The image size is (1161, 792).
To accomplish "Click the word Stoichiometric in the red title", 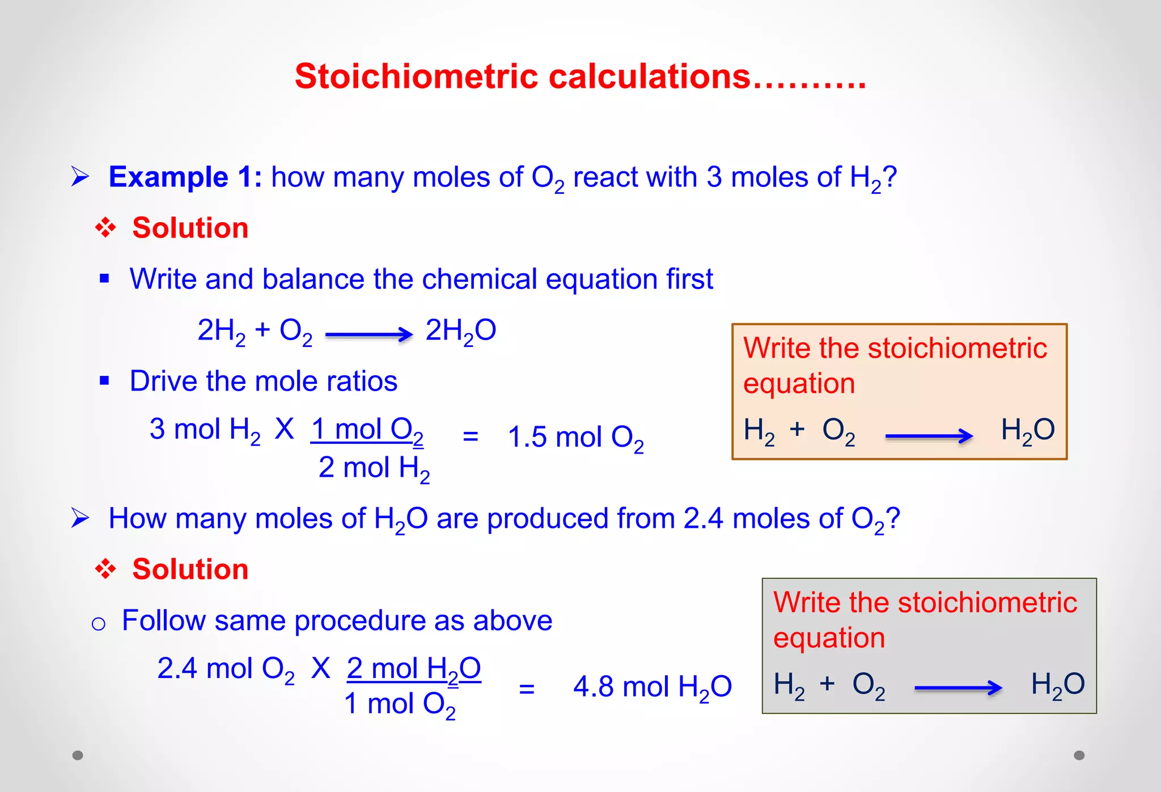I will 416,77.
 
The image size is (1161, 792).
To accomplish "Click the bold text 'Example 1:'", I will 185,177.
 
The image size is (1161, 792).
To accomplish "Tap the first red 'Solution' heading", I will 190,228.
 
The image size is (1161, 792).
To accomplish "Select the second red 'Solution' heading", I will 190,569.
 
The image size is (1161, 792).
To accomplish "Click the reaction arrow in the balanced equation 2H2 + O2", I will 368,334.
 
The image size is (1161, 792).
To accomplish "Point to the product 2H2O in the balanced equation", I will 460,331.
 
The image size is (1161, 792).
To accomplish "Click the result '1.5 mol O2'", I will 575,438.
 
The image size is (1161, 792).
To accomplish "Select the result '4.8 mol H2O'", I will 652,687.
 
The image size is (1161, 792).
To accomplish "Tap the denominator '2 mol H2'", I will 374,469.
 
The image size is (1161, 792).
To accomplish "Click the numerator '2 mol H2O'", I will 413,669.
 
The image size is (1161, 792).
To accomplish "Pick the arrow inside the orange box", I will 929,436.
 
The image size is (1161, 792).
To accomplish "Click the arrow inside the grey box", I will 958,688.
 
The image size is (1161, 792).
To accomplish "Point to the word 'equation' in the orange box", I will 799,384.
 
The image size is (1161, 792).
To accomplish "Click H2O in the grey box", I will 1057,685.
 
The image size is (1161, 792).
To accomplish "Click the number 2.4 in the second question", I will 703,518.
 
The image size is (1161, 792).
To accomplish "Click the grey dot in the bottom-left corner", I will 78,755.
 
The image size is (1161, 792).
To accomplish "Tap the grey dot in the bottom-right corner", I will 1079,755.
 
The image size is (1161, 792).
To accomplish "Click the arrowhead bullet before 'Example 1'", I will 80,177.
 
